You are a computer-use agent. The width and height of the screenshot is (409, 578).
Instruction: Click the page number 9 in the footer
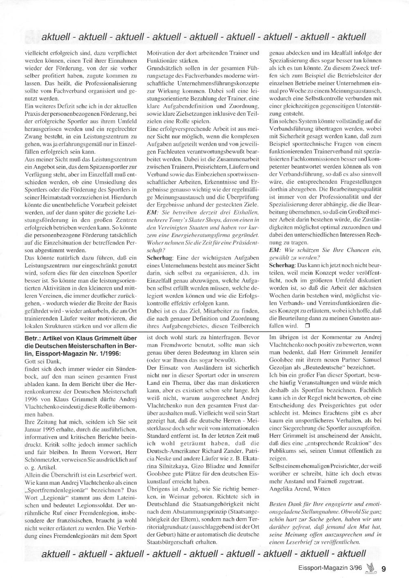coord(384,568)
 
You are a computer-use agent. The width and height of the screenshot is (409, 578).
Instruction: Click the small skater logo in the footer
coord(371,567)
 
